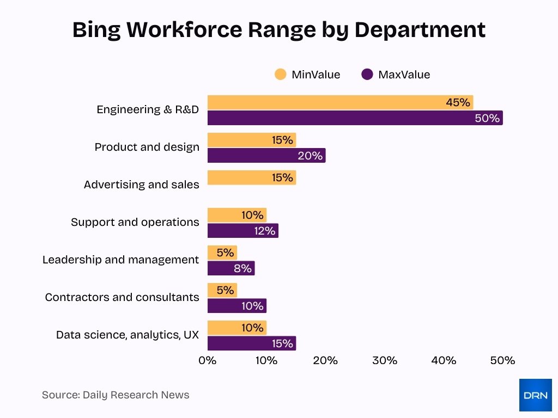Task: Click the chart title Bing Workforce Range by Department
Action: tap(278, 30)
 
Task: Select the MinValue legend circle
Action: tap(281, 75)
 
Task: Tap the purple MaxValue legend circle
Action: tap(367, 75)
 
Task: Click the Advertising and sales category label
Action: tap(141, 185)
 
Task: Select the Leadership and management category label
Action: tap(120, 260)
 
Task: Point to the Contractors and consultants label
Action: tap(122, 297)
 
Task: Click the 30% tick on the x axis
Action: tap(385, 360)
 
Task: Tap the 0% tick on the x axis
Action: tap(208, 360)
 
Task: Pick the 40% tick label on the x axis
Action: tap(444, 360)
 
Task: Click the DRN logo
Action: tap(535, 395)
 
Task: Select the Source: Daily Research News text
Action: tap(116, 395)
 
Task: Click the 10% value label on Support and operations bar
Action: tap(252, 215)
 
